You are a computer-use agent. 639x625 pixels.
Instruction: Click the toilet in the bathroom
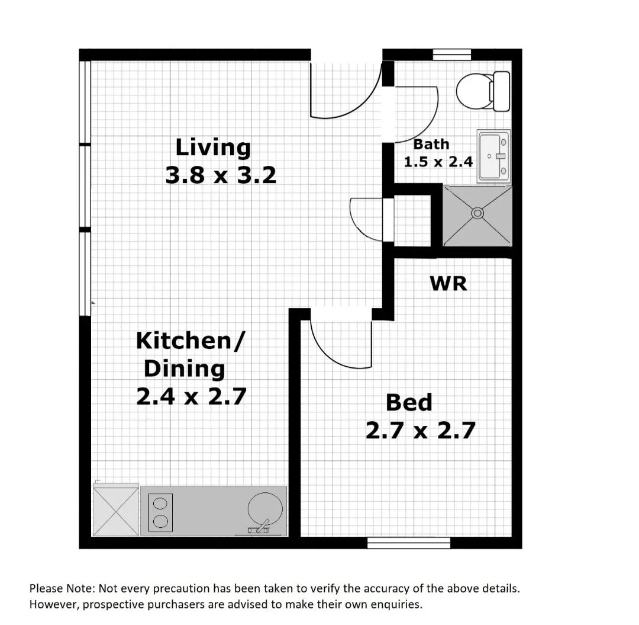coord(482,91)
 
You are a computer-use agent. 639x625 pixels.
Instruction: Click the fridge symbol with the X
coord(115,510)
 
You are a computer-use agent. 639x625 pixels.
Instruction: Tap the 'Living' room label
coord(213,147)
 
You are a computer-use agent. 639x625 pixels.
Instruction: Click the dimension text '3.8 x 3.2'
coord(221,175)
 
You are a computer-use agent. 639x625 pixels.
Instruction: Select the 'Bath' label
coord(431,144)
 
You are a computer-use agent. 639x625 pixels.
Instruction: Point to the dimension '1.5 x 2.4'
coord(438,161)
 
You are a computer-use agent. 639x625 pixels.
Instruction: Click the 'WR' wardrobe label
coord(448,283)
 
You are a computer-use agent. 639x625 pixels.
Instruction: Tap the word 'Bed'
coord(409,402)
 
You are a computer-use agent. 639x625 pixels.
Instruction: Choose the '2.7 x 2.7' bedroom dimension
coord(420,431)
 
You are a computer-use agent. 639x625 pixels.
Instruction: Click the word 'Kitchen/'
coord(190,341)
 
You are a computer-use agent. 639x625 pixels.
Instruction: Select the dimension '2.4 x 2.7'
coord(191,396)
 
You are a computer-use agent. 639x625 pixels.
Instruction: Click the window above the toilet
coord(452,55)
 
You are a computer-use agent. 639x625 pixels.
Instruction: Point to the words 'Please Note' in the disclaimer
coord(61,589)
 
